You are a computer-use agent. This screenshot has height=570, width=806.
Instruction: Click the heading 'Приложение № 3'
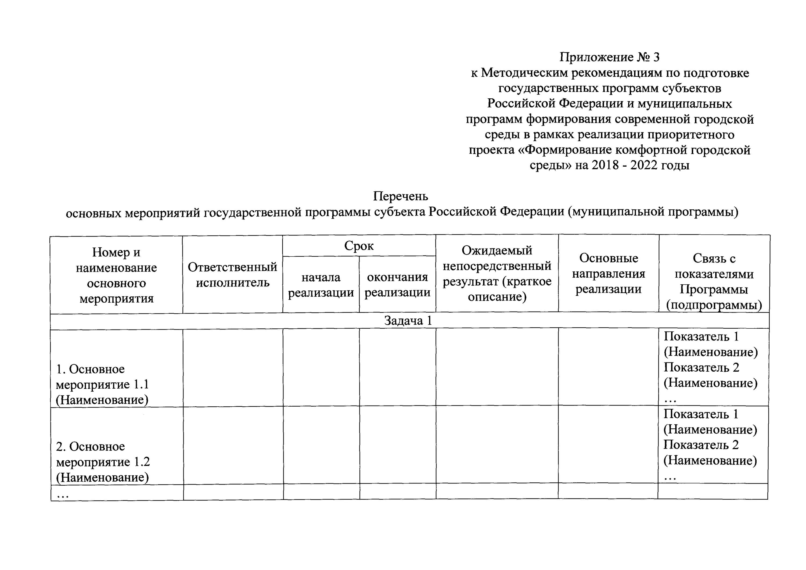pos(609,57)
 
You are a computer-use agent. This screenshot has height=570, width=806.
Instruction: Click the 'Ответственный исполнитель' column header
pos(232,275)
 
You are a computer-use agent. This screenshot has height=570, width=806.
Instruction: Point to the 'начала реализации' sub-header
pos(321,285)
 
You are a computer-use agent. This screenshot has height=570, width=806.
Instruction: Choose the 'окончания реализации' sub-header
pos(397,285)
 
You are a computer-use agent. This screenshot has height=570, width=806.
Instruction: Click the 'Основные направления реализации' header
pos(608,274)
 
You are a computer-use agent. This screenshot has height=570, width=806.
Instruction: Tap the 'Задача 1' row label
pos(408,321)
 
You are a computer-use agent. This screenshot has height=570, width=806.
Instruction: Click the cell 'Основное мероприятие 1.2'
pos(103,462)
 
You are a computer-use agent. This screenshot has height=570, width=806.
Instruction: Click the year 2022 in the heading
pos(644,165)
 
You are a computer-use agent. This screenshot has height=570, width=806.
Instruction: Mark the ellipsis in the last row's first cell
pos(63,496)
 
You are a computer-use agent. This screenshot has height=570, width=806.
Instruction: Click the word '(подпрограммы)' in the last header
pos(714,305)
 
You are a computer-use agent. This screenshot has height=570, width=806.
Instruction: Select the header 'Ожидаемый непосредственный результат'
pos(497,274)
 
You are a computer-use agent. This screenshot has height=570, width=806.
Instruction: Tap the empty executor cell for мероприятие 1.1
pos(233,368)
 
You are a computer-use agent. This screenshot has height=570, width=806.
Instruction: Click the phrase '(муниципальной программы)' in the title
pos(653,212)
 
